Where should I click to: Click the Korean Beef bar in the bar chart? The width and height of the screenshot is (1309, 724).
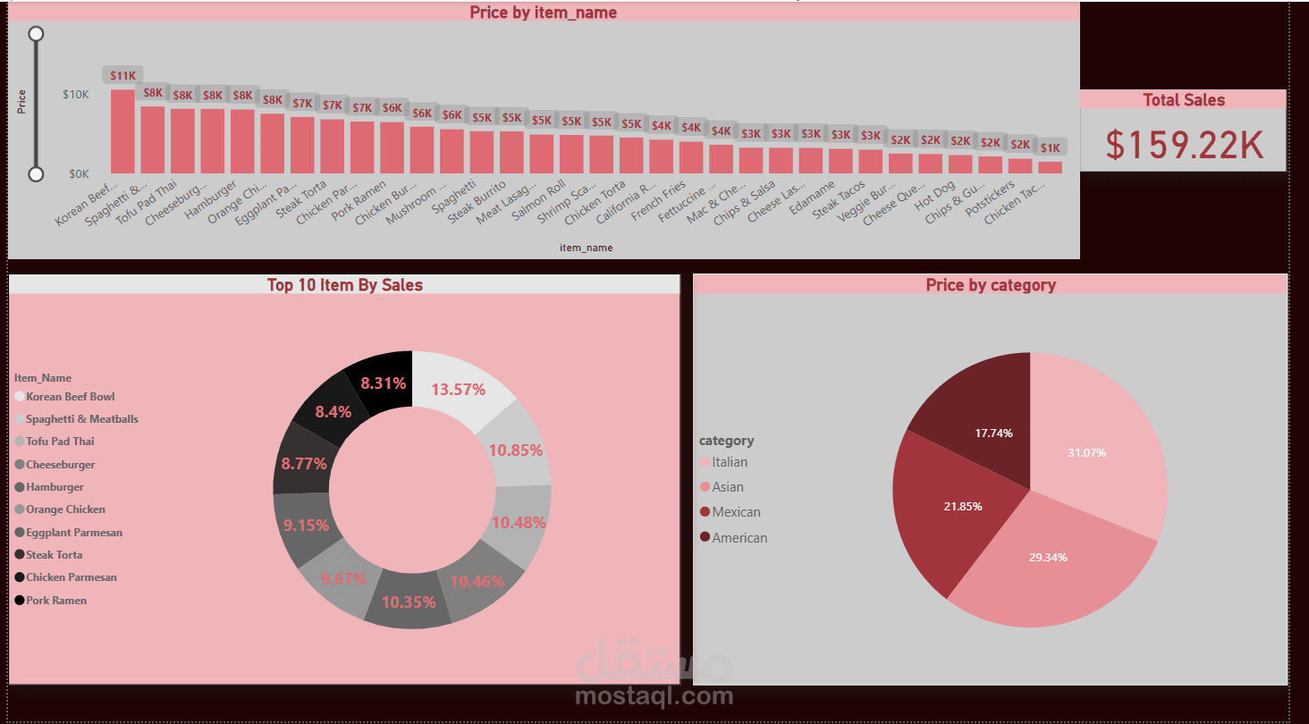122,131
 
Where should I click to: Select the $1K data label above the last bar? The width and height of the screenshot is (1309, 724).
1051,147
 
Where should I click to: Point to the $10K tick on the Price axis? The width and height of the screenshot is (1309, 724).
75,94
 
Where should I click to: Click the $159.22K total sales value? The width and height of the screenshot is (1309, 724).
1184,145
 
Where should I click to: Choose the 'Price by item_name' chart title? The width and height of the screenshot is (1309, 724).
543,13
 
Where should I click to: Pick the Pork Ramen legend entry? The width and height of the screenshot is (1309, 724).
55,601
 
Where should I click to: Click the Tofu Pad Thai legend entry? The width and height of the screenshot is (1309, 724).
59,442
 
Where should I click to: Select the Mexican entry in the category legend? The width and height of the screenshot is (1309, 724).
736,512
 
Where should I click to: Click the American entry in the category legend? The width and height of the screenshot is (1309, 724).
739,538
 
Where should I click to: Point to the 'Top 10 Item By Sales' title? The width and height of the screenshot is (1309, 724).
344,285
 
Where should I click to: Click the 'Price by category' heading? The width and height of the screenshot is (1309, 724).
991,285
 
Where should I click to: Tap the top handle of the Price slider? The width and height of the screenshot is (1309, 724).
37,34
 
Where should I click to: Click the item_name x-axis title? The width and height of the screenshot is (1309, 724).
586,248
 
